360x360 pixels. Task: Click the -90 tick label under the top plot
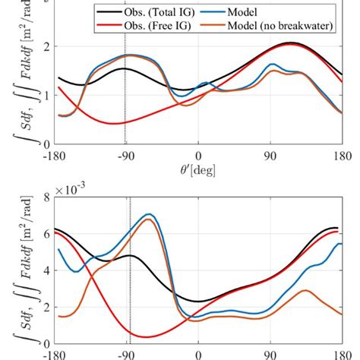click(125, 156)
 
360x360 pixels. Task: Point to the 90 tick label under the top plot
click(270, 156)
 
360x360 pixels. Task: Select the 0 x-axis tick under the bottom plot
click(198, 354)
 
